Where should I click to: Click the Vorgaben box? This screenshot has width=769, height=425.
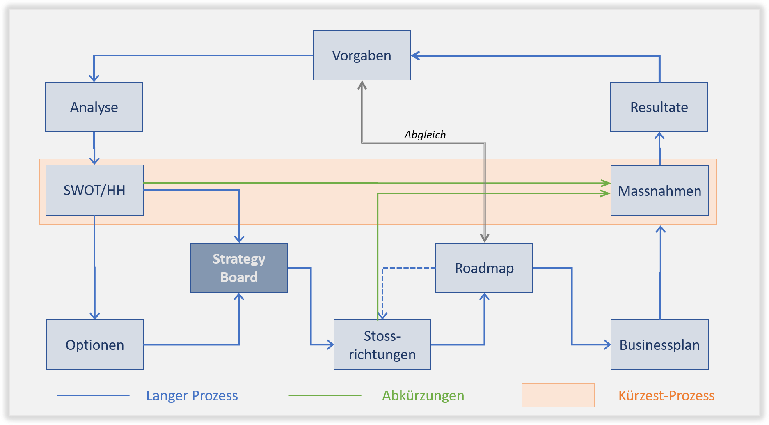[x=362, y=55]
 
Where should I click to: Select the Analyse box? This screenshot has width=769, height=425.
[x=94, y=107]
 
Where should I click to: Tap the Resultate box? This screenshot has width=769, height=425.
[x=659, y=107]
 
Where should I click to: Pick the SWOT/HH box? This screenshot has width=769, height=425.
[x=94, y=190]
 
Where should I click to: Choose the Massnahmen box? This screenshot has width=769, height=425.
[x=659, y=191]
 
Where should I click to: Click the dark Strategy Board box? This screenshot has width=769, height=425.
[x=239, y=268]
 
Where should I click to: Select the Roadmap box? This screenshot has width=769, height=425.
[x=484, y=268]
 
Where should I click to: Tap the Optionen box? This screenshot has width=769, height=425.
[x=95, y=345]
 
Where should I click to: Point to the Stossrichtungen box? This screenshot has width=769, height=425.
[x=382, y=345]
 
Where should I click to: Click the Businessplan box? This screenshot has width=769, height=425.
[x=659, y=345]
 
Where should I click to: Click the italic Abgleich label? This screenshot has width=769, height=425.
[x=425, y=135]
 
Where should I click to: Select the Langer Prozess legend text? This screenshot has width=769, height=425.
[x=192, y=395]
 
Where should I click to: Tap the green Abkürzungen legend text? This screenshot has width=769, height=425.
[x=423, y=395]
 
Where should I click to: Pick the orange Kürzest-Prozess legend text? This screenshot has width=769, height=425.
[x=666, y=395]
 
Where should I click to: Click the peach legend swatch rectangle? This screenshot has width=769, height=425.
[x=558, y=395]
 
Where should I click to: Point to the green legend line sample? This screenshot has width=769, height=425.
[x=325, y=395]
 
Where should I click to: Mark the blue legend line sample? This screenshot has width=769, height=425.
[x=93, y=395]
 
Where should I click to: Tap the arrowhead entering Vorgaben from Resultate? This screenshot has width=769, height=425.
[x=415, y=55]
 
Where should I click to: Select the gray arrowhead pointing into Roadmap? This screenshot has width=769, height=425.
[x=485, y=238]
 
